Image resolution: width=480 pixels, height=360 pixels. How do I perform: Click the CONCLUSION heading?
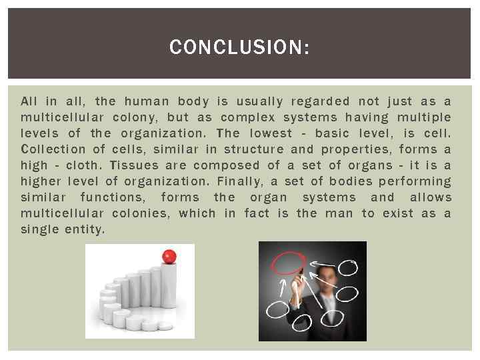[239, 47]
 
